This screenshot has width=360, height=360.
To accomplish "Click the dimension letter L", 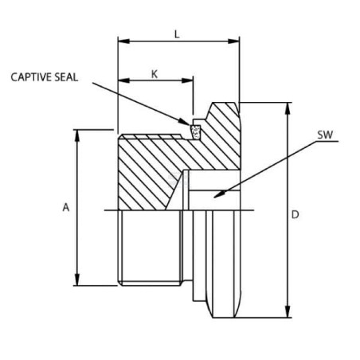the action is pos(177,34).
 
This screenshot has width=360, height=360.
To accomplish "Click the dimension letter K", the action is pos(155,75).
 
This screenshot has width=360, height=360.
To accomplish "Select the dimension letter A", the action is pos(66,207).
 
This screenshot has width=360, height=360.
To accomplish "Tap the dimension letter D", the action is pos(295,214).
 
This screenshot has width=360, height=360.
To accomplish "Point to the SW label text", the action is pos(325,135).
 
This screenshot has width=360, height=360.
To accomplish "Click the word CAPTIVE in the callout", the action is pos(31,77).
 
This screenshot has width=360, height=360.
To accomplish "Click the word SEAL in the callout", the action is pos(66,77).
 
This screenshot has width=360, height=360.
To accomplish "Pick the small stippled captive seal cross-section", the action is pos(195,131).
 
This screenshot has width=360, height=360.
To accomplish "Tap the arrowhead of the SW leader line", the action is pos(219,194).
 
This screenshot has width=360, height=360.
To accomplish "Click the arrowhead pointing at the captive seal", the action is pos(184,122).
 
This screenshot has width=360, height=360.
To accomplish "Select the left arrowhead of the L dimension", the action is pos(123,41).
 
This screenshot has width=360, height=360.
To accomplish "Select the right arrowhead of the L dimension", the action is pos(233,41).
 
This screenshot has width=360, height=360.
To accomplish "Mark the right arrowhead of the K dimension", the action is pos(187,80).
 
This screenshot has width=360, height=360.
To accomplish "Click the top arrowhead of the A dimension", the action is pos(77,135).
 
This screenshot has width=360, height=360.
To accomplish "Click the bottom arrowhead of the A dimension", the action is pos(77,280).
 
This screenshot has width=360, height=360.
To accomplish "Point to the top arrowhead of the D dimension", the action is pos(288,108).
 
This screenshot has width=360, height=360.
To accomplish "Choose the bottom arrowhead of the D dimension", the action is pos(288,311).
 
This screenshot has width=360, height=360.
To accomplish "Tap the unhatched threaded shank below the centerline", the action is pos(151,248).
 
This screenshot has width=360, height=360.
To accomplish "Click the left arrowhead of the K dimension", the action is pos(124,80).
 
